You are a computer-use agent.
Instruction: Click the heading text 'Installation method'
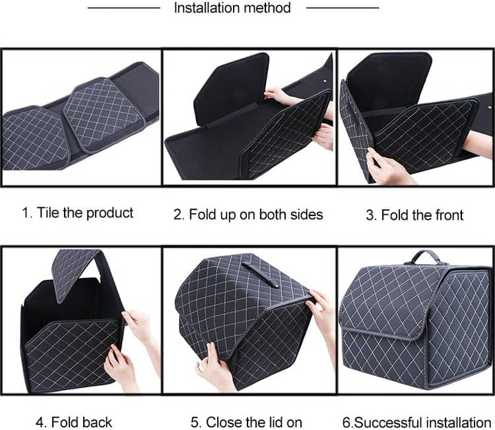click(x=232, y=8)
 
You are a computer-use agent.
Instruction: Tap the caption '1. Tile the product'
click(x=77, y=213)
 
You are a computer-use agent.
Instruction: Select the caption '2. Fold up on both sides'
click(x=247, y=214)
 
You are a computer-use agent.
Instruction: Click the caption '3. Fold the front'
click(x=414, y=215)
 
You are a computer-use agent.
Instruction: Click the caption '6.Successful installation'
click(x=417, y=422)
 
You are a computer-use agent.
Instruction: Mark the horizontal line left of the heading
click(x=124, y=8)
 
